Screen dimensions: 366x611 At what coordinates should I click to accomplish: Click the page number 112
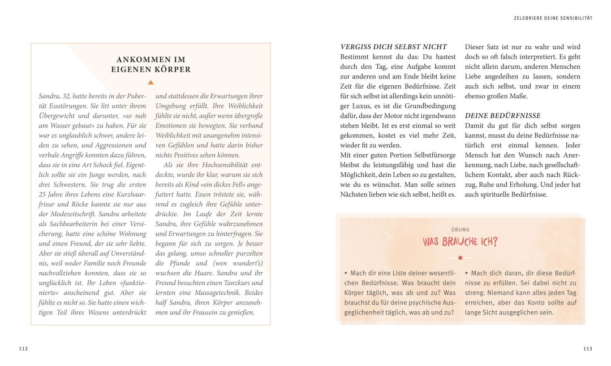click(23, 348)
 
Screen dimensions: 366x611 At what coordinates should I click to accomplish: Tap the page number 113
click(588, 348)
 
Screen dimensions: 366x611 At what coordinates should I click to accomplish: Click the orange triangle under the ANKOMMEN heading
click(150, 82)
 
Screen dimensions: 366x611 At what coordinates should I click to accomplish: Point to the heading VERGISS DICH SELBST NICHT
click(394, 47)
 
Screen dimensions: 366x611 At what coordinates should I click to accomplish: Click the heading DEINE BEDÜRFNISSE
click(502, 115)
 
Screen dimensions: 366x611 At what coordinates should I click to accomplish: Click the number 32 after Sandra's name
click(70, 96)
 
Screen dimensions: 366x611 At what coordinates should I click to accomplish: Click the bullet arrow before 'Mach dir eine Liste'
click(346, 273)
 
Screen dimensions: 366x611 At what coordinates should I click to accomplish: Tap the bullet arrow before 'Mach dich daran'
click(467, 273)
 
